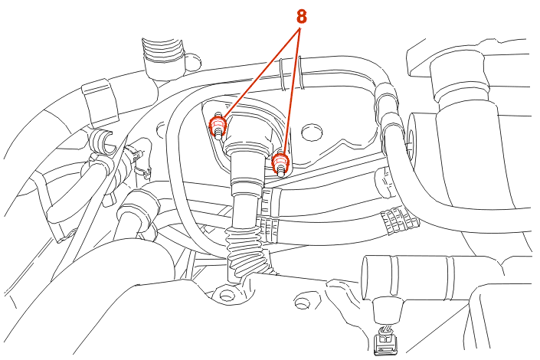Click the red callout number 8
(301, 16)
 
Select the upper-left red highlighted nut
(218, 125)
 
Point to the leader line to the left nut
(263, 74)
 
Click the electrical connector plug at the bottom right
(386, 341)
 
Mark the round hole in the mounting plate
(312, 132)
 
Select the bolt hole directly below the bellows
(226, 295)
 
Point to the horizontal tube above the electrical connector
(414, 278)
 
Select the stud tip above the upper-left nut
(218, 114)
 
